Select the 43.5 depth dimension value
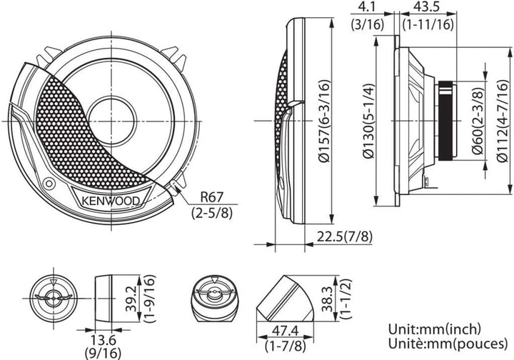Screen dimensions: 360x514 coord(425,7)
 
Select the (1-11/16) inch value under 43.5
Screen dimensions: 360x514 coord(427,23)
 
